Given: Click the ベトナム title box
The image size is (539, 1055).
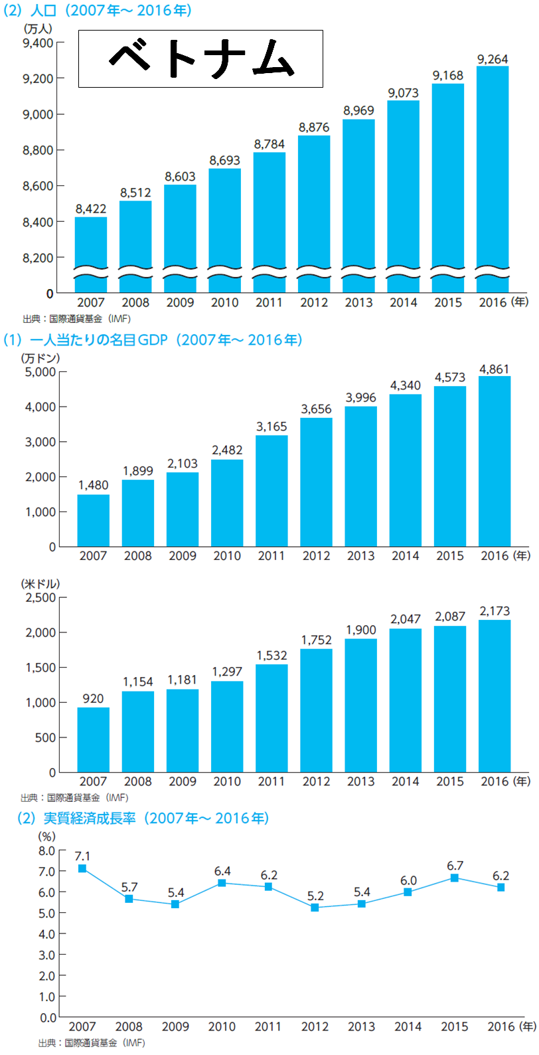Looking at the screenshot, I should click(200, 58).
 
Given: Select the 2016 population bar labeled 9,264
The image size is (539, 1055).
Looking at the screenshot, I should click(493, 173).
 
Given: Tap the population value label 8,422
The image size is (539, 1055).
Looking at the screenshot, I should click(91, 209).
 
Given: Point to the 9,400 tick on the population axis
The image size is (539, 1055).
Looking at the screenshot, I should click(38, 43).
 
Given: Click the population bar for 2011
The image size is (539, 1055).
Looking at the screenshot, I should click(269, 213).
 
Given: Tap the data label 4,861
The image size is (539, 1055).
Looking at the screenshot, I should click(495, 369).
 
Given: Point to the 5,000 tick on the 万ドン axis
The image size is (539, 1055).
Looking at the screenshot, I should click(40, 371).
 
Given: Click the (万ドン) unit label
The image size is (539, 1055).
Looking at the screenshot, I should click(40, 358).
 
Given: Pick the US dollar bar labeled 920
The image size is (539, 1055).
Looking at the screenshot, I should click(93, 739).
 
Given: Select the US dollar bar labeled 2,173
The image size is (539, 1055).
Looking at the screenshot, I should click(495, 696).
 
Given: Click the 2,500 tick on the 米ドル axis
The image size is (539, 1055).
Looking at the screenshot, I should click(40, 597).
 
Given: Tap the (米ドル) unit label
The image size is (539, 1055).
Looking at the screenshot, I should click(40, 584).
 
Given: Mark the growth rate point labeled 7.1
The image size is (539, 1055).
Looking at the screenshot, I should click(82, 868).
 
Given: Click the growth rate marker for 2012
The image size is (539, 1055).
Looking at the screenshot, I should click(315, 908).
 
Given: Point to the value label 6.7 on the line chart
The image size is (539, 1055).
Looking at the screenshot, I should click(455, 866).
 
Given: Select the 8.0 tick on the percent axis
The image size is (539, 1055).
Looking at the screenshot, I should click(47, 850).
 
